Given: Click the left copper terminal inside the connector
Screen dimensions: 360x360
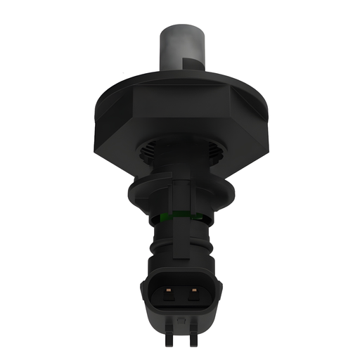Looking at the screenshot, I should pyautogui.click(x=170, y=289).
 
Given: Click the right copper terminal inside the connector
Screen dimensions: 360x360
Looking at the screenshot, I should pyautogui.click(x=190, y=289).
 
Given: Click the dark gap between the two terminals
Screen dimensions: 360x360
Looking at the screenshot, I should pyautogui.click(x=180, y=290).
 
